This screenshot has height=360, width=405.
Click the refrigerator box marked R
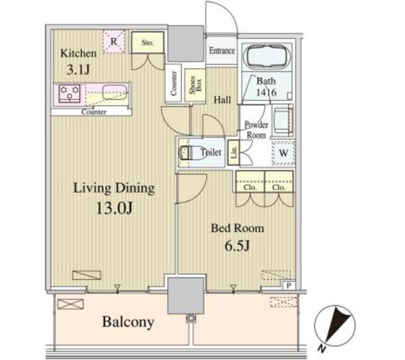pos(114,42)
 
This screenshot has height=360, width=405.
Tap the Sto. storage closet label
pos(147,42)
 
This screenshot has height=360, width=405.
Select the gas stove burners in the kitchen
pos(70,93)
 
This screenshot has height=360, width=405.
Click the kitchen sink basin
pos(115,92)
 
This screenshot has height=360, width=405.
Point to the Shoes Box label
pos(196,85)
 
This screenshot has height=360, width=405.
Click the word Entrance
pos(222,51)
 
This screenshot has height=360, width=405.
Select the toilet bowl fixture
pos(189,152)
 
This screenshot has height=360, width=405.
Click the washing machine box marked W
pos(283,153)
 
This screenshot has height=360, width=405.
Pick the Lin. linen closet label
pos(234,152)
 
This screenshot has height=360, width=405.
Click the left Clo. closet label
pos(250,187)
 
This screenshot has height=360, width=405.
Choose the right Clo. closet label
pos(278,187)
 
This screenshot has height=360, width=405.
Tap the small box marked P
pos(289,285)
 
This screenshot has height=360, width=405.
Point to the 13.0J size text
pos(115,208)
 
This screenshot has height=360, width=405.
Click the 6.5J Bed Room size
pos(237,245)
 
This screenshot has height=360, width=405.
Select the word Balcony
pos(128,322)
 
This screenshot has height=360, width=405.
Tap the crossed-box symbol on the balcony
pos(70,304)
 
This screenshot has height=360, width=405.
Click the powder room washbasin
pos(283,120)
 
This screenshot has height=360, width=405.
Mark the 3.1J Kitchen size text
pos(78,70)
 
